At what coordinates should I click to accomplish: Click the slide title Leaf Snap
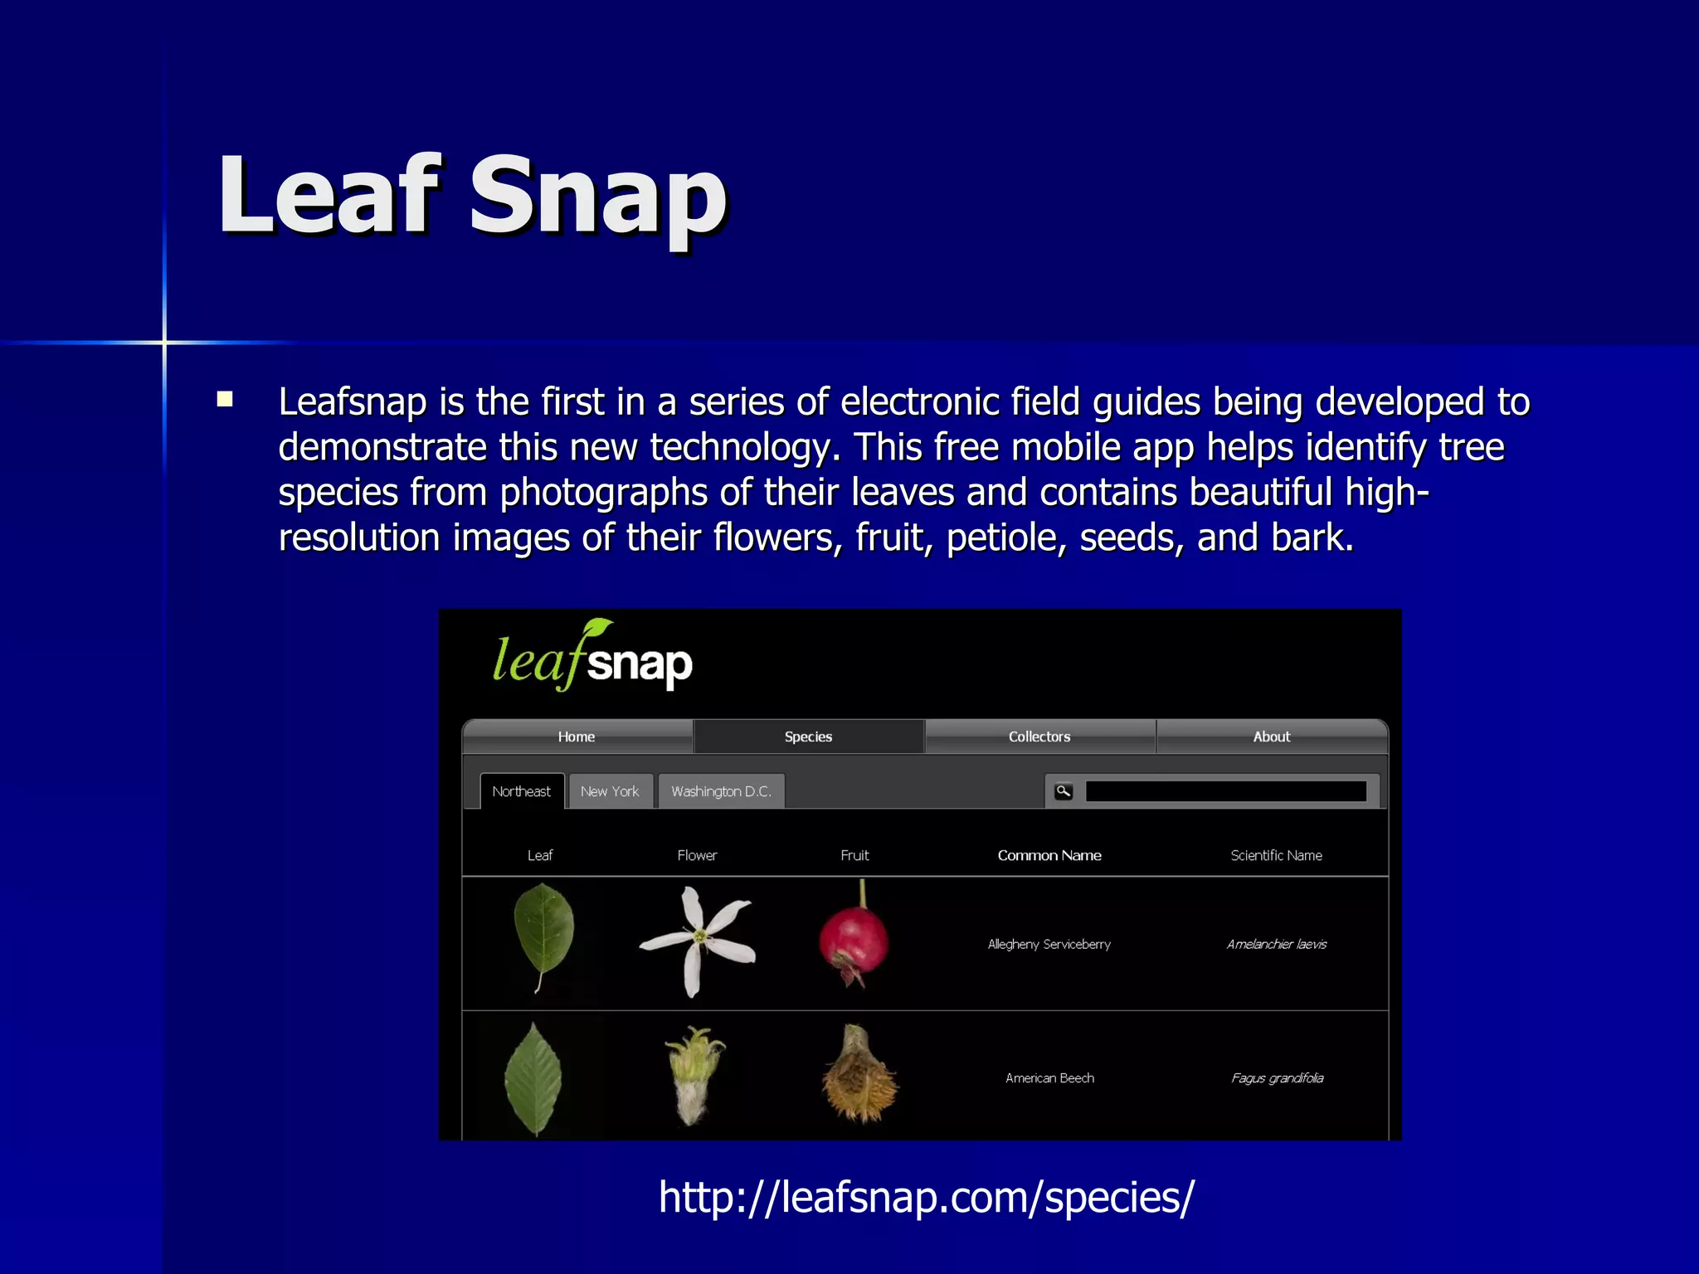(473, 197)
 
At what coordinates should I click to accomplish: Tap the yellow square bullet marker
(225, 400)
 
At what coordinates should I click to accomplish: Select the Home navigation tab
(577, 737)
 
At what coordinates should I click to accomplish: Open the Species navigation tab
(808, 737)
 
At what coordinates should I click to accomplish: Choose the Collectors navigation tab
(1039, 737)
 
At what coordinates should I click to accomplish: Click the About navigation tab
(1271, 737)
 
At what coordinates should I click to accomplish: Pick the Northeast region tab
(521, 791)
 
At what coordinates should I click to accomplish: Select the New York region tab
(610, 791)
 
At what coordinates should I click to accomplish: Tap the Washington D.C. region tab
(721, 791)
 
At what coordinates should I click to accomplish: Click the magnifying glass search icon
(1064, 791)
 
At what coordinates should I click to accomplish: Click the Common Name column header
(1049, 855)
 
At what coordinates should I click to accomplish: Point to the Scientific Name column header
(1276, 855)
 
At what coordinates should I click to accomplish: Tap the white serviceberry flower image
(697, 940)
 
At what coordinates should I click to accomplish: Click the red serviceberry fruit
(854, 940)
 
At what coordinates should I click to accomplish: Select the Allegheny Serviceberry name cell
(1049, 944)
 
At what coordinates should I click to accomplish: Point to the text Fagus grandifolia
(1277, 1078)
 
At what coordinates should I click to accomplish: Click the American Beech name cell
(1049, 1078)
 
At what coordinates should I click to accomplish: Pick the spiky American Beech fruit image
(859, 1077)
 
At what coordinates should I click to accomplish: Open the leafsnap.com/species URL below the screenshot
(926, 1197)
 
